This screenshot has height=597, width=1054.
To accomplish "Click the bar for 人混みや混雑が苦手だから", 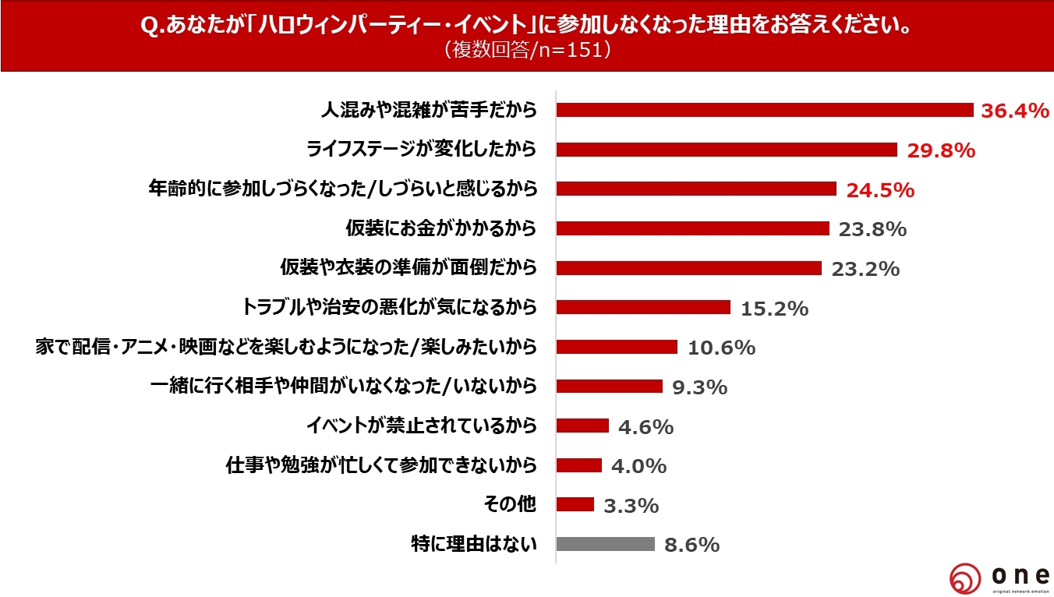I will (x=765, y=110).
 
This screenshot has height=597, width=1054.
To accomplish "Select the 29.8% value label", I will (x=941, y=150).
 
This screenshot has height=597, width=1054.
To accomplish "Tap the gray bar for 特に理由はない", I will (x=606, y=544).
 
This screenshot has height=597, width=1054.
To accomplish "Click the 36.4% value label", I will (x=1014, y=111).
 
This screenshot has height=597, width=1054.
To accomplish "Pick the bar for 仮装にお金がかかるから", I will (x=692, y=228).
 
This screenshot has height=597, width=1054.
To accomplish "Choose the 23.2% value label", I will (x=865, y=269).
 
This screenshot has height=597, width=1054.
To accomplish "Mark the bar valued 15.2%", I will (x=643, y=307).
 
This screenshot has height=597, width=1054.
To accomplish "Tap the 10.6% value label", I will (x=721, y=348).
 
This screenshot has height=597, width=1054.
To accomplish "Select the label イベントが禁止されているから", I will (x=421, y=426).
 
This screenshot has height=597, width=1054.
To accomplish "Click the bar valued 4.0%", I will (x=579, y=465).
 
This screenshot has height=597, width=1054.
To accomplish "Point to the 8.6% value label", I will (x=691, y=545).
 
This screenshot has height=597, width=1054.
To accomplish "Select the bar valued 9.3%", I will (x=610, y=386).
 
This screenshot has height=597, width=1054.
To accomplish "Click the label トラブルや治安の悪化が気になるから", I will (x=391, y=307).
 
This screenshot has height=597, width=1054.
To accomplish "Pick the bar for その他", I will (x=575, y=504).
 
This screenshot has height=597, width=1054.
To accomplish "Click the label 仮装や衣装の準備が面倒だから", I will (x=409, y=268).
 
